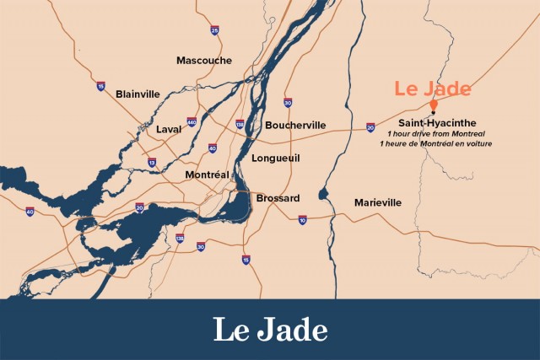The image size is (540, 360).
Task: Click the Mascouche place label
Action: (x=204, y=60)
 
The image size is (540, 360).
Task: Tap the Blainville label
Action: (x=138, y=93)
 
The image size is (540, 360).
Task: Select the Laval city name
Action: (x=169, y=129)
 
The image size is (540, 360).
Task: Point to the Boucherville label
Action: (x=295, y=125)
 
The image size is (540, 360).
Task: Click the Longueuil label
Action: (x=276, y=158)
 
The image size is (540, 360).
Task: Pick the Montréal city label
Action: (x=208, y=175)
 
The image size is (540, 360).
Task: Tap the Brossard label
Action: (x=278, y=197)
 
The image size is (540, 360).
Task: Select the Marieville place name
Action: (x=378, y=202)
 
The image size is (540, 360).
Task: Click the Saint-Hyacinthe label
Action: (x=437, y=123)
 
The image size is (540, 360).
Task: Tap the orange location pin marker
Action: (x=433, y=106)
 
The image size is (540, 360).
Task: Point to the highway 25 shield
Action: (x=214, y=30)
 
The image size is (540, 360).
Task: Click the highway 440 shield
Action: (x=192, y=122)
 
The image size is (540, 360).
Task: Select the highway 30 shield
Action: (x=288, y=103)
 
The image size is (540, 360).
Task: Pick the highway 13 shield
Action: (x=151, y=162)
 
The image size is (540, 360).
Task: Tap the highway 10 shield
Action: (x=302, y=220)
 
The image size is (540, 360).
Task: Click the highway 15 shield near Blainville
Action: (x=100, y=86)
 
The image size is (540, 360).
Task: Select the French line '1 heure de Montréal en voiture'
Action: (x=436, y=144)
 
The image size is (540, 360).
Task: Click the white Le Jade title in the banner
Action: (x=269, y=328)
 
